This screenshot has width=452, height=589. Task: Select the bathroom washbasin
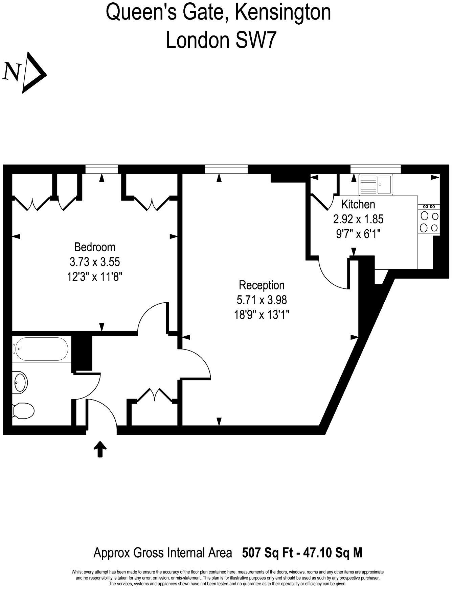[x=20, y=382]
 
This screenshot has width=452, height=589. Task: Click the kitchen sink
[x=376, y=184]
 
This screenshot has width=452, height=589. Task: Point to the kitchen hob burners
[x=429, y=222]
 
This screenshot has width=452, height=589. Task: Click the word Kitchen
[x=358, y=204]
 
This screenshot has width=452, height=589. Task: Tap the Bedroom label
[x=94, y=247]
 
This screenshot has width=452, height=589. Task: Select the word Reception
[x=262, y=285]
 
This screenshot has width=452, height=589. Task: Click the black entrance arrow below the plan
[x=100, y=449]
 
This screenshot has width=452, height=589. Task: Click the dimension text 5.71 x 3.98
[x=262, y=300]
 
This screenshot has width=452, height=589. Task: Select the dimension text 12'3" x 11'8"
[x=94, y=277]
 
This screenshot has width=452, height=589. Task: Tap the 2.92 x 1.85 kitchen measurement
[x=358, y=219]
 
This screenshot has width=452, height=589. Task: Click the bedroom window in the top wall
[x=101, y=169]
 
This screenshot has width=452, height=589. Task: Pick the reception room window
[x=226, y=169]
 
